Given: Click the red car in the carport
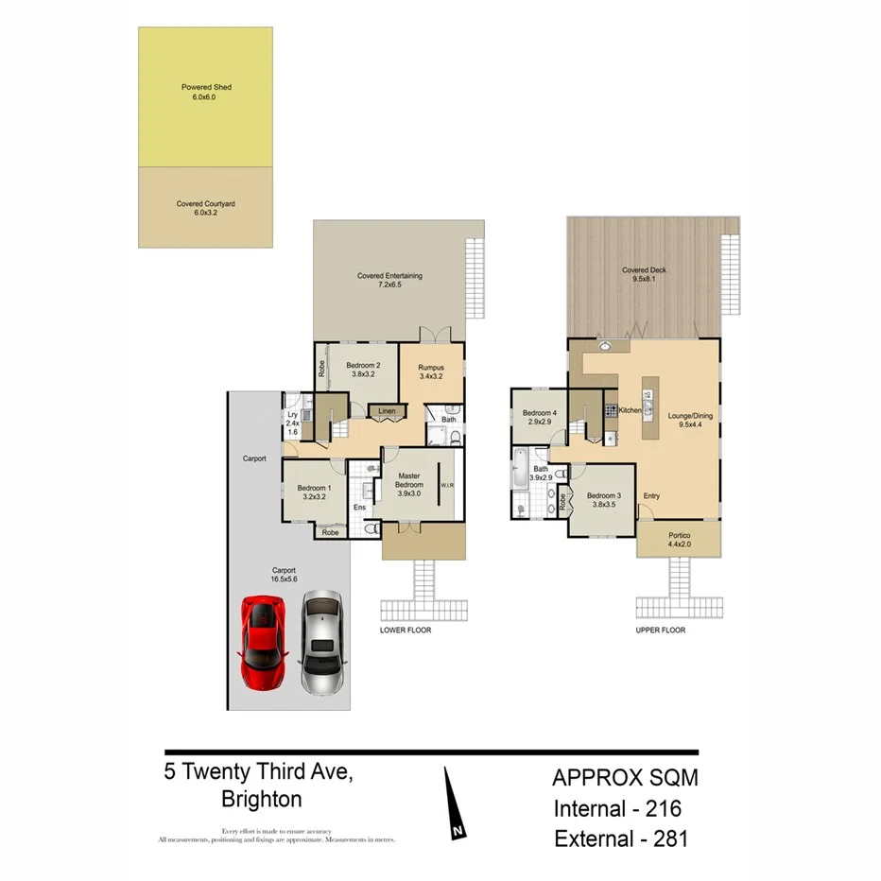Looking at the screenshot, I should [x=265, y=642].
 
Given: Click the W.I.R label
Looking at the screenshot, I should [x=447, y=486].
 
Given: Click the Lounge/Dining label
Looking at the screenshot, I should [x=688, y=420].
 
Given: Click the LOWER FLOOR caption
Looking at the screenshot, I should [x=406, y=630].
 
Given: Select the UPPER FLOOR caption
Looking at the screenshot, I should [x=661, y=630].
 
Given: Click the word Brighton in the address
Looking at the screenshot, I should [x=262, y=800].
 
